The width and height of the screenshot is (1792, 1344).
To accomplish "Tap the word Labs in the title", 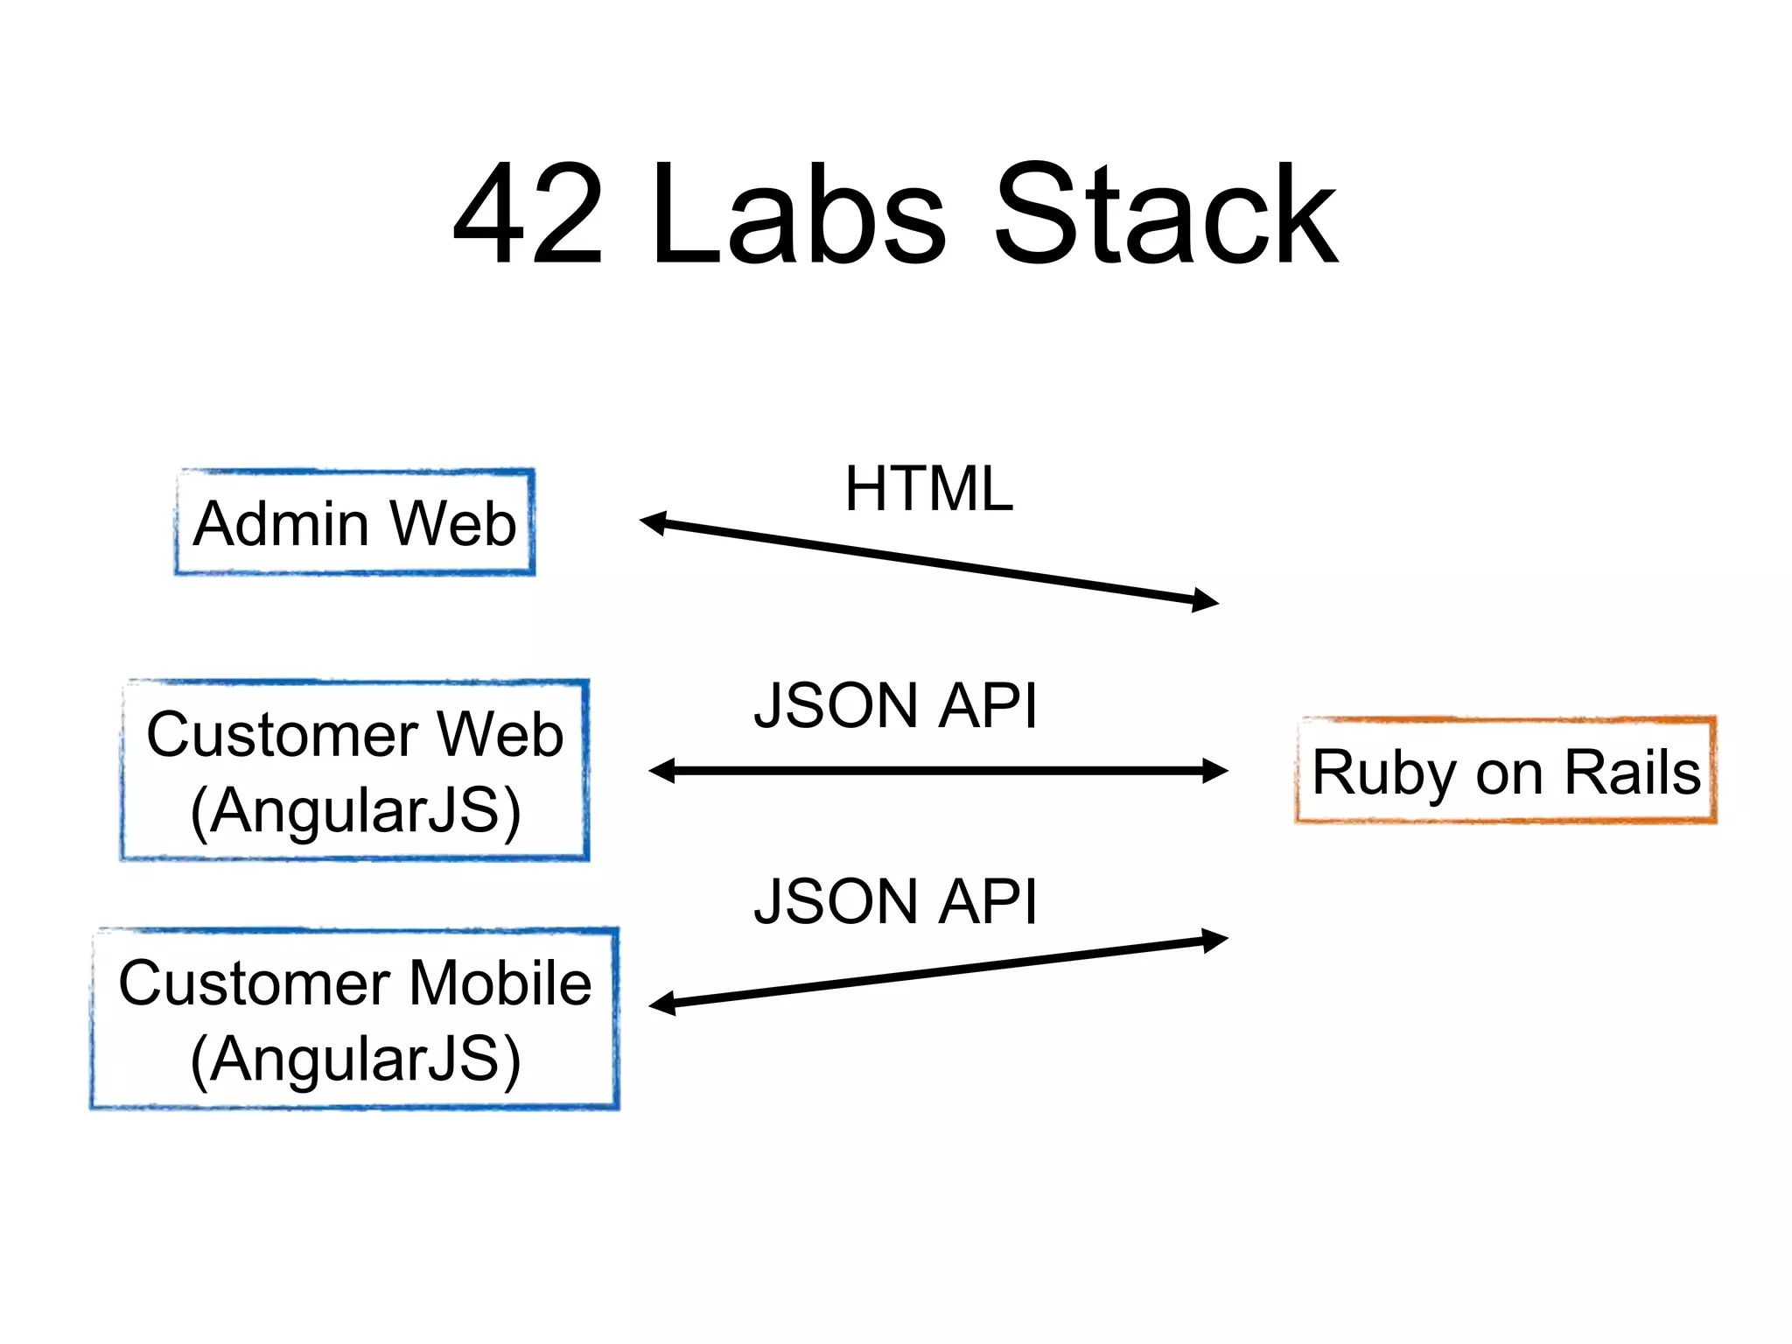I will click(798, 214).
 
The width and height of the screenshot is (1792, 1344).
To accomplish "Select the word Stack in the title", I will click(1165, 214).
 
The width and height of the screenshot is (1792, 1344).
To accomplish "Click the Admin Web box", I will click(354, 522).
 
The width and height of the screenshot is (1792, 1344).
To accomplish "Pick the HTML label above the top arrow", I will click(928, 488).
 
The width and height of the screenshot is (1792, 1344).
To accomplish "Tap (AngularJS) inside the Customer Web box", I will click(355, 810).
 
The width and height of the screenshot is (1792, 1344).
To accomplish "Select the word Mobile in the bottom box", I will click(500, 983).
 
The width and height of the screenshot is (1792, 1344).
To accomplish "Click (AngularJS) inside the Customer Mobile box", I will click(355, 1059).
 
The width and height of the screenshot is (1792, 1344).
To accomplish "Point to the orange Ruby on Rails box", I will click(1505, 771).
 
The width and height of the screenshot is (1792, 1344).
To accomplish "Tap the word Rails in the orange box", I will click(1632, 772).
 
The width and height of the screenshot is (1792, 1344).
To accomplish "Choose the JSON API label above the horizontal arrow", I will click(896, 705).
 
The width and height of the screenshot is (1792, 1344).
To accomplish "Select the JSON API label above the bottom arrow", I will click(896, 901).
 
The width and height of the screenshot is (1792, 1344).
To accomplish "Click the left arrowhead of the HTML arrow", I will click(652, 522).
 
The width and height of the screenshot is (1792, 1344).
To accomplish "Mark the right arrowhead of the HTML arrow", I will click(1207, 600).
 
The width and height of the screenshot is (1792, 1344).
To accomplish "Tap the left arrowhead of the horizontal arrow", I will click(661, 771).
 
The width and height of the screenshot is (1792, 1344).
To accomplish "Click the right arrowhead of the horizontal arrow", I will click(1216, 771).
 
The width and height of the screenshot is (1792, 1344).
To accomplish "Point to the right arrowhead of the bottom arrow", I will click(1216, 940).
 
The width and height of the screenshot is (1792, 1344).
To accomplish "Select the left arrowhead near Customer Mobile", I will click(661, 1004).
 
